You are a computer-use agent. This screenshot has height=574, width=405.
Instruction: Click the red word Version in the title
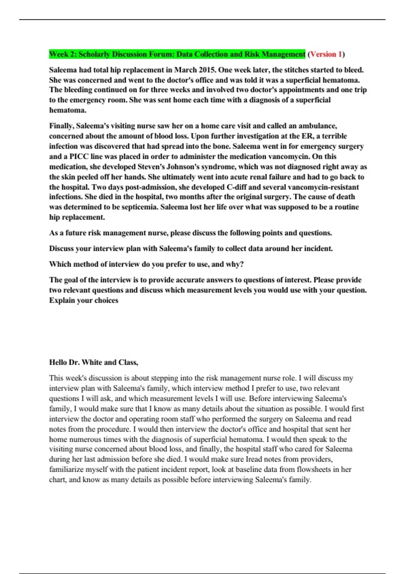[x=324, y=54]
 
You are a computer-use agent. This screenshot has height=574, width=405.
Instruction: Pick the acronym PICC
[x=79, y=157]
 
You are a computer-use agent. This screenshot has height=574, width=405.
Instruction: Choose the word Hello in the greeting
[x=58, y=363]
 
